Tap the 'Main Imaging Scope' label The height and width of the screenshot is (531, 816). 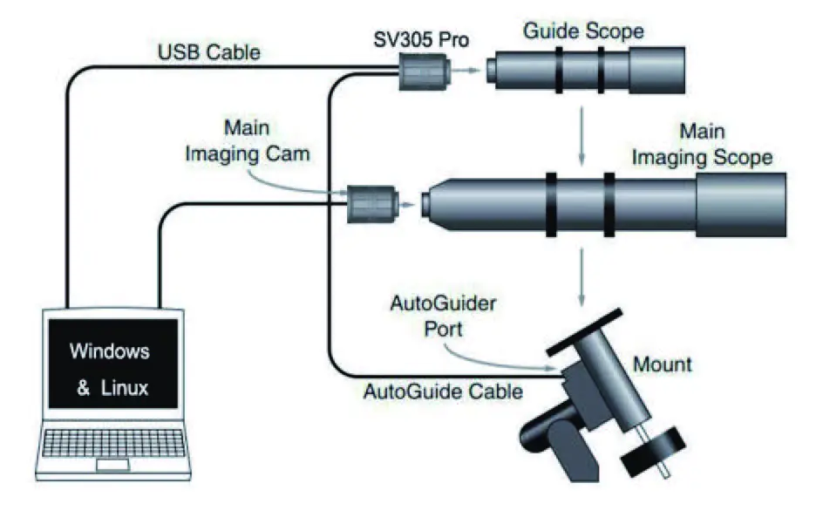pos(702,145)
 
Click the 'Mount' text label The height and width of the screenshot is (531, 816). pos(663,364)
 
